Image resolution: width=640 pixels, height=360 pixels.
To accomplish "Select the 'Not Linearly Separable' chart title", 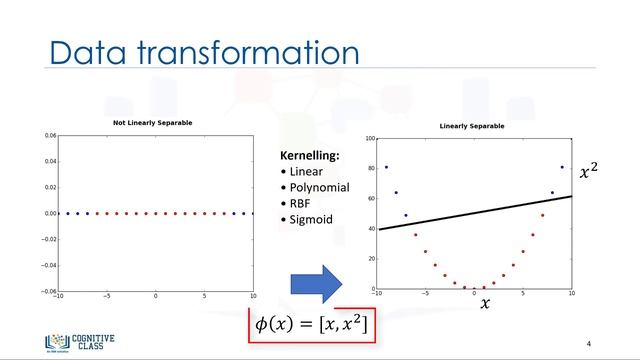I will [x=153, y=123].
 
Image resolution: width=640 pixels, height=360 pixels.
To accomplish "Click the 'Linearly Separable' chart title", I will [x=474, y=126].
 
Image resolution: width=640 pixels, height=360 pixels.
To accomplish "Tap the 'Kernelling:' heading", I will [x=309, y=157].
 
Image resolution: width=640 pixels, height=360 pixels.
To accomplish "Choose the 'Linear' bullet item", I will [x=307, y=171].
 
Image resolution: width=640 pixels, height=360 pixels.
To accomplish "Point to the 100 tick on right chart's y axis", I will [x=369, y=139].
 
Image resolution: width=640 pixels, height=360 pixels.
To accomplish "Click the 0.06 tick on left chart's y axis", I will [x=50, y=134].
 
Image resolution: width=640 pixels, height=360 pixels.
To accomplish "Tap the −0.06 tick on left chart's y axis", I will [x=49, y=291].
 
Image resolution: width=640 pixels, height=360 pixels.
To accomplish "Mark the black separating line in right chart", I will [x=476, y=213].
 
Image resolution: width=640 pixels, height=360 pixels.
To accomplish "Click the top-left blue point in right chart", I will [x=386, y=167].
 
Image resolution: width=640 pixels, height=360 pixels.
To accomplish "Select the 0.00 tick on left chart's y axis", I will [x=50, y=213].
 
